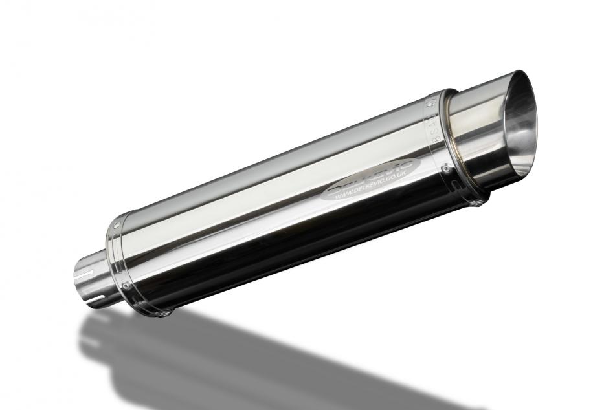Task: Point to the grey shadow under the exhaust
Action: pos(259,362)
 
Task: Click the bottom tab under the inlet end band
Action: pos(167,314)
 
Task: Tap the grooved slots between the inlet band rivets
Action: pos(117,255)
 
